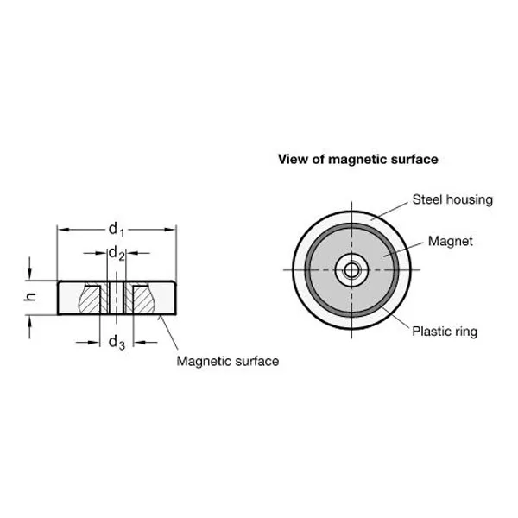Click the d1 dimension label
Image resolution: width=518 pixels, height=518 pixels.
117,230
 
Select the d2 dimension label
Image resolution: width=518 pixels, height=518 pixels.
117,254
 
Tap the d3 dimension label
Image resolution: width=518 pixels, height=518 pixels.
117,342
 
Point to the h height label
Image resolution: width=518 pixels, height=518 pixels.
30,297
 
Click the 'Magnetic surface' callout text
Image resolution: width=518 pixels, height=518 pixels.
228,361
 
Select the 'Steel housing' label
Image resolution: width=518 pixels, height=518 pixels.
452,199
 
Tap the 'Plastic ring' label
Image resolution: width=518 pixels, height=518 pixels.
445,331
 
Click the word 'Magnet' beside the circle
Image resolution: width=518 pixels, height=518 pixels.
451,241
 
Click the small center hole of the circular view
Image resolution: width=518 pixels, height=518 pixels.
351,270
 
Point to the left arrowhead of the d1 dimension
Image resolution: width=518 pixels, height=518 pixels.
63,230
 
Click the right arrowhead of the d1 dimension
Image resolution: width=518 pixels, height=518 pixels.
169,230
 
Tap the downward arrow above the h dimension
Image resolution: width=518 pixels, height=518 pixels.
29,268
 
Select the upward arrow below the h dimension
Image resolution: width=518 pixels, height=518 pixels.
29,326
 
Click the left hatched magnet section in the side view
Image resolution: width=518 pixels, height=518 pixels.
90,300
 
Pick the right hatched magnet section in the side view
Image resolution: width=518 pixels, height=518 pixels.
144,300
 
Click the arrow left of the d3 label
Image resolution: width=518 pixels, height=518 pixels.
87,343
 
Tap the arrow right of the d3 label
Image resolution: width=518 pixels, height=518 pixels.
145,343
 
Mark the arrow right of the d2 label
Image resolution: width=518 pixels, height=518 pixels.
138,253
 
